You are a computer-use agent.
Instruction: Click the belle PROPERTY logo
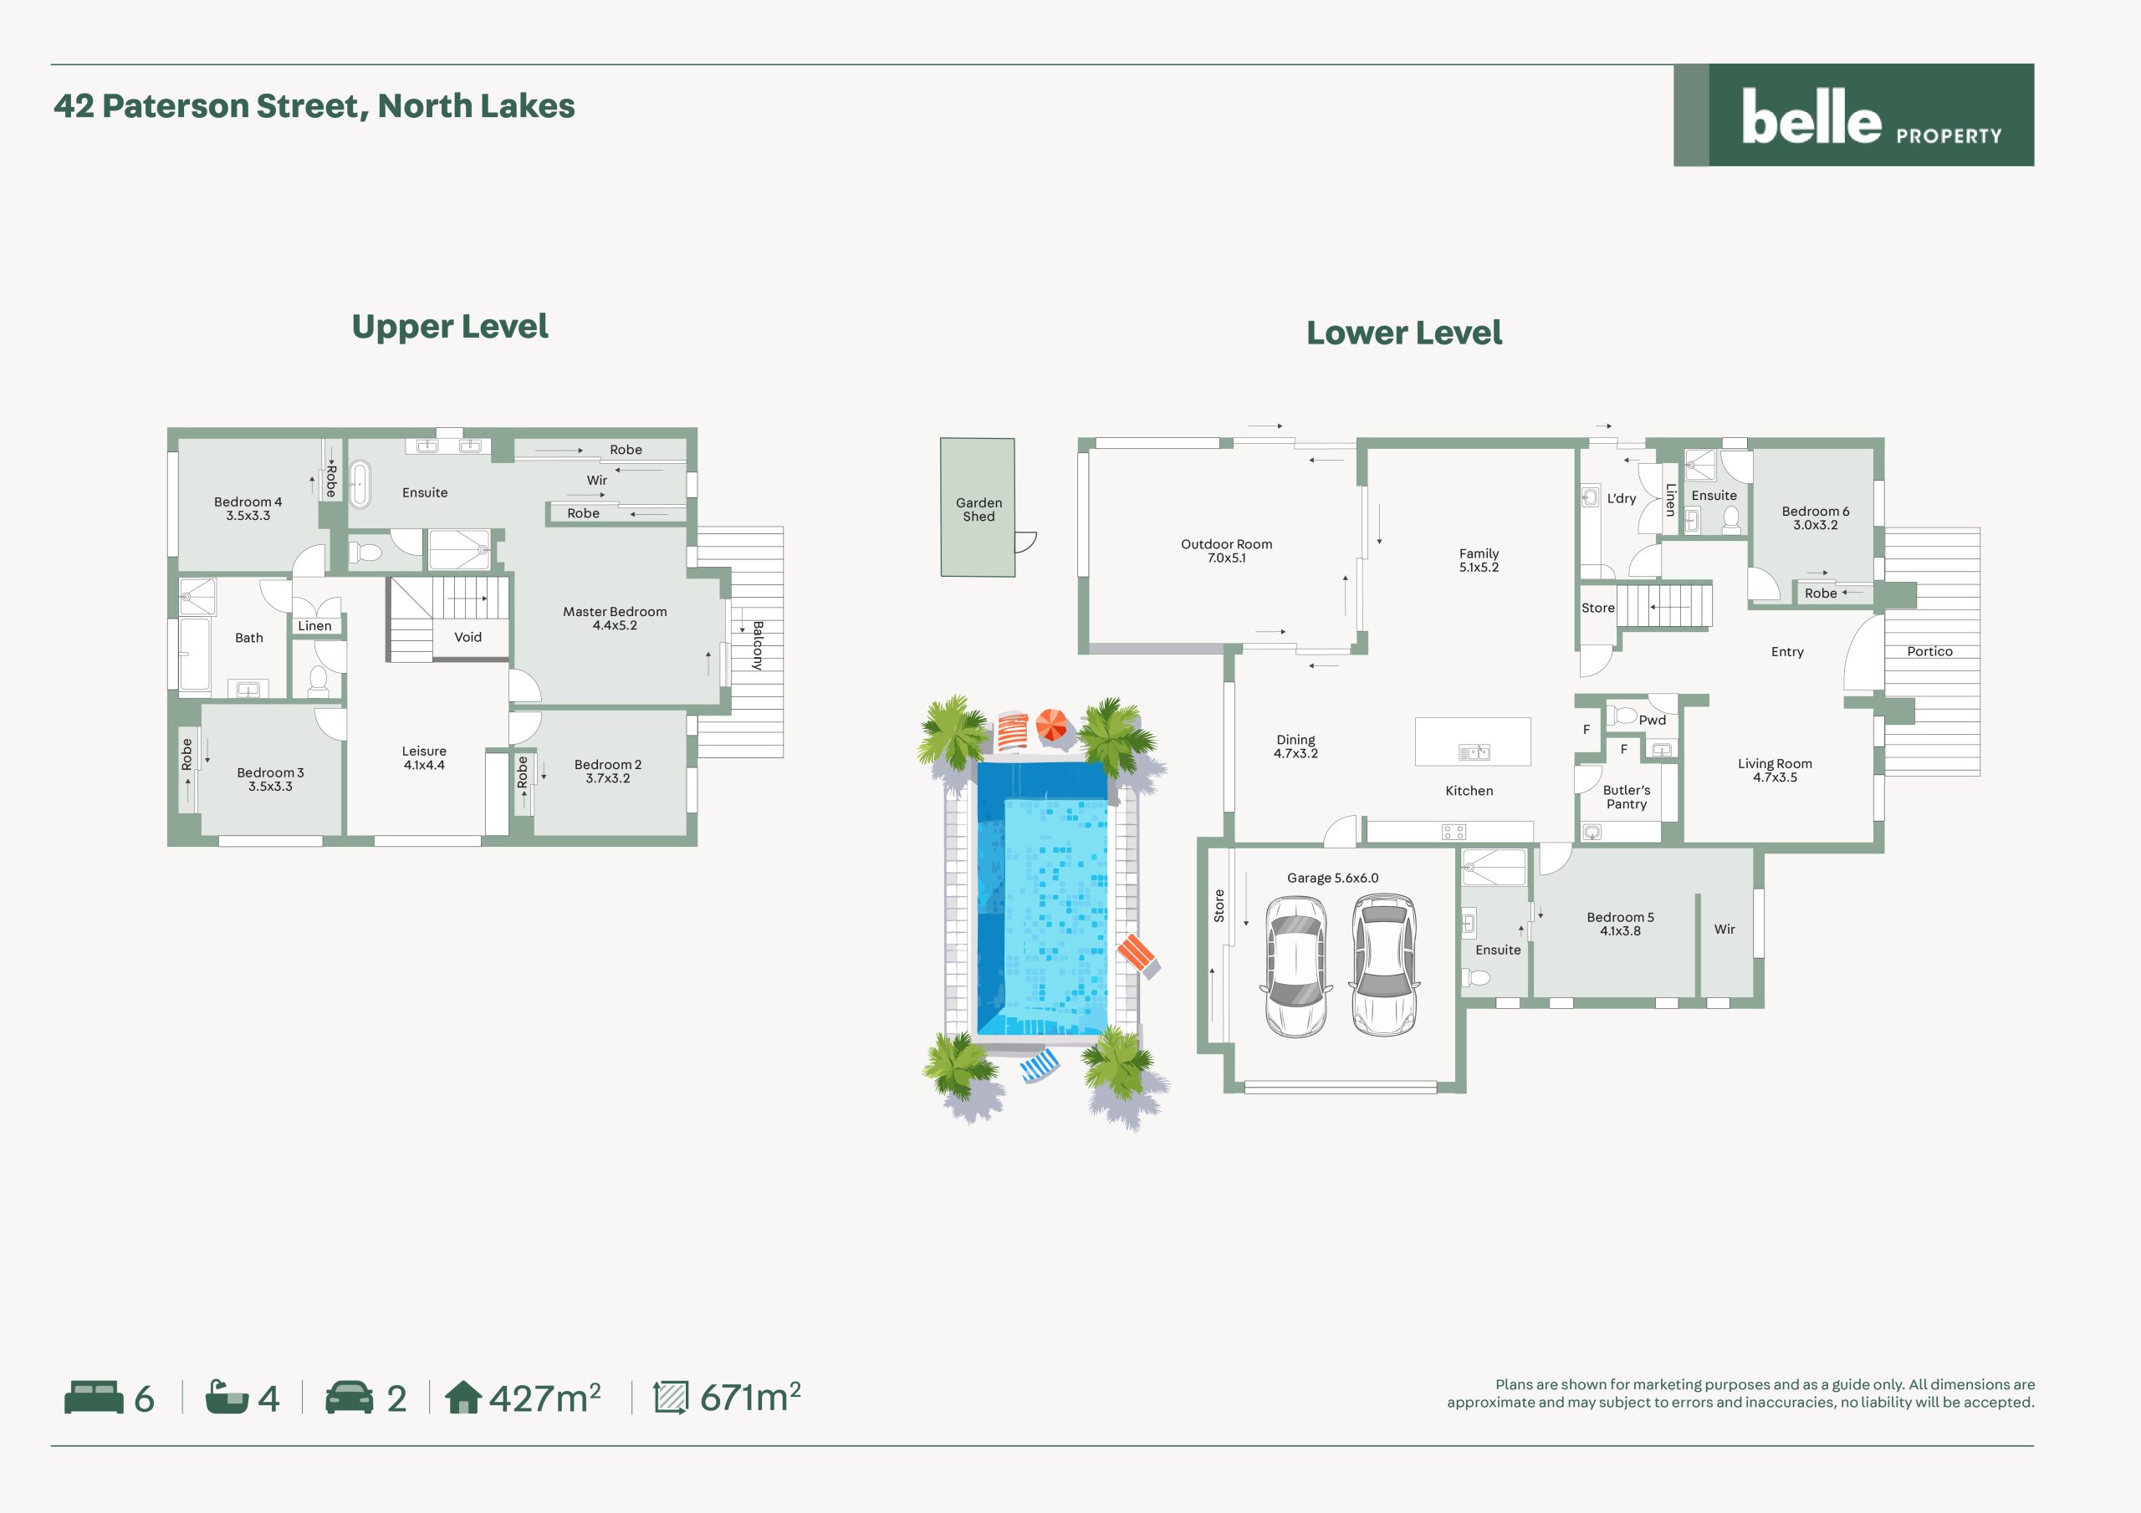[x=1854, y=115]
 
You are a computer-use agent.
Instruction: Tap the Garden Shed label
[x=979, y=509]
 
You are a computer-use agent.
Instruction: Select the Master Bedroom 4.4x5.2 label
[x=615, y=618]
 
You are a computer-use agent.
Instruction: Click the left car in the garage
[x=1295, y=966]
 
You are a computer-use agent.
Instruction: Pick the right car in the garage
[x=1385, y=965]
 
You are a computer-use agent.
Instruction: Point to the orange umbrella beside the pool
[x=1052, y=726]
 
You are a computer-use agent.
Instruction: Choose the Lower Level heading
[x=1403, y=333]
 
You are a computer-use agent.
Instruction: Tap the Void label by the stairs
[x=468, y=638]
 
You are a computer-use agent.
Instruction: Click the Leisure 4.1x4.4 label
[x=424, y=758]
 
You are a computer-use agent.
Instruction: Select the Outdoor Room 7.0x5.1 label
[x=1226, y=551]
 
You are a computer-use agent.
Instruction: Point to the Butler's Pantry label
[x=1627, y=797]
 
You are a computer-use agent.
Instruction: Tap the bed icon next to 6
[x=93, y=1398]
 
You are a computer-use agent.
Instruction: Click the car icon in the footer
[x=349, y=1398]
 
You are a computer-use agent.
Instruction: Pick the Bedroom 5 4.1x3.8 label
[x=1620, y=924]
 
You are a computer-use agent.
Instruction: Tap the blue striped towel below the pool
[x=1040, y=1066]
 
